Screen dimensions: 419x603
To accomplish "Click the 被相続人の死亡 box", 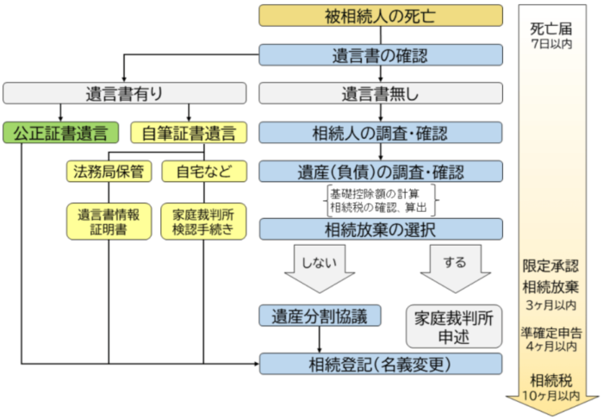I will pos(381,16).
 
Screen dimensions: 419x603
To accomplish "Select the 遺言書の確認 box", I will pos(381,56).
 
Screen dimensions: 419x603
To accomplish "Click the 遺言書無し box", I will pos(381,93).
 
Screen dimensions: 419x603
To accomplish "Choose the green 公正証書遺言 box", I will pos(61,132).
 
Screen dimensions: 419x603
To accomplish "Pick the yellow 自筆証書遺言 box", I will pos(189,132).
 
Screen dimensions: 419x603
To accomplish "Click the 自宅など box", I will pos(203,171).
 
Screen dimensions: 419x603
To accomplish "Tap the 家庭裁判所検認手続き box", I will pos(203,222).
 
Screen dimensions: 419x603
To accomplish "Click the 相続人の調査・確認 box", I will pos(381,132).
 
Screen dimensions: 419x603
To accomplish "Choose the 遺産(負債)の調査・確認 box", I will pos(381,171).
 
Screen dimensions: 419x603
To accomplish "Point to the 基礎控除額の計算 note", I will pos(381,193).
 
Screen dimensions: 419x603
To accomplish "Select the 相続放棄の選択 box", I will pos(381,228).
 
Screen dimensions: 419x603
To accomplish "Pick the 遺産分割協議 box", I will pos(320,316).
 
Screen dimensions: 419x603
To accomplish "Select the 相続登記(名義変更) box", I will pos(381,364).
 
